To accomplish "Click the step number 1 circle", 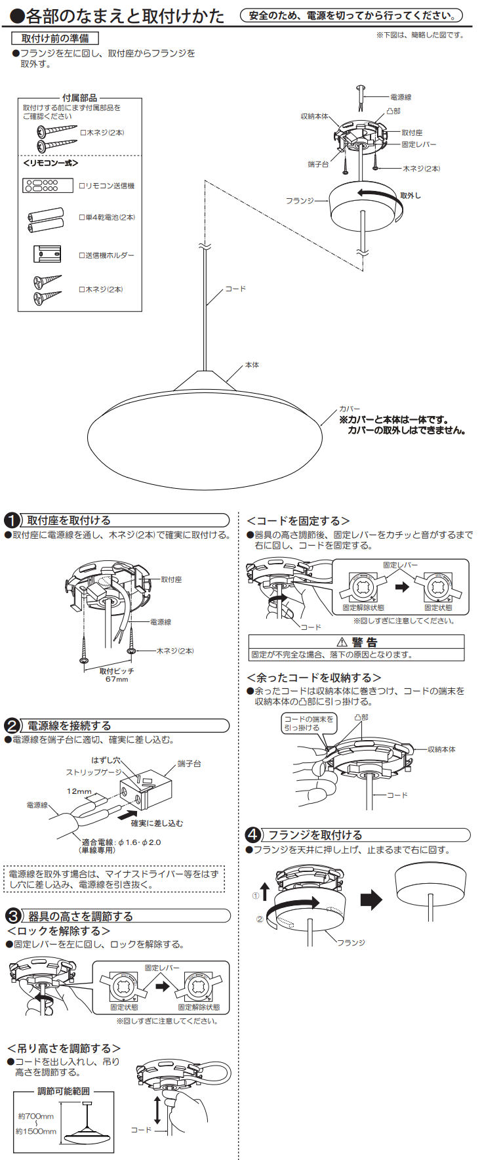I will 12,520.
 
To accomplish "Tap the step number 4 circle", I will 253,835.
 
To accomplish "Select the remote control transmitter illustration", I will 48,186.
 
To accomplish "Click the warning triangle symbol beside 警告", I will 341,642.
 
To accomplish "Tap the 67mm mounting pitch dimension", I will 117,679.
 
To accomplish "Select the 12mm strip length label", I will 79,791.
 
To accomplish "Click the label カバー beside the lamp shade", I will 350,409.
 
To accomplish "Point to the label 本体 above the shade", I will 252,365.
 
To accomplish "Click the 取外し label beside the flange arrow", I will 411,196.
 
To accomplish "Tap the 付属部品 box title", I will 79,98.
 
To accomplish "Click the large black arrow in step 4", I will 371,899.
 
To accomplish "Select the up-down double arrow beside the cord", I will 157,1109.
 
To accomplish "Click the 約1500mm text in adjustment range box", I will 37,1132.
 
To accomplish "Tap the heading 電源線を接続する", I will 69,726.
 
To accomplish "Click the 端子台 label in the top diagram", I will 317,164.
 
